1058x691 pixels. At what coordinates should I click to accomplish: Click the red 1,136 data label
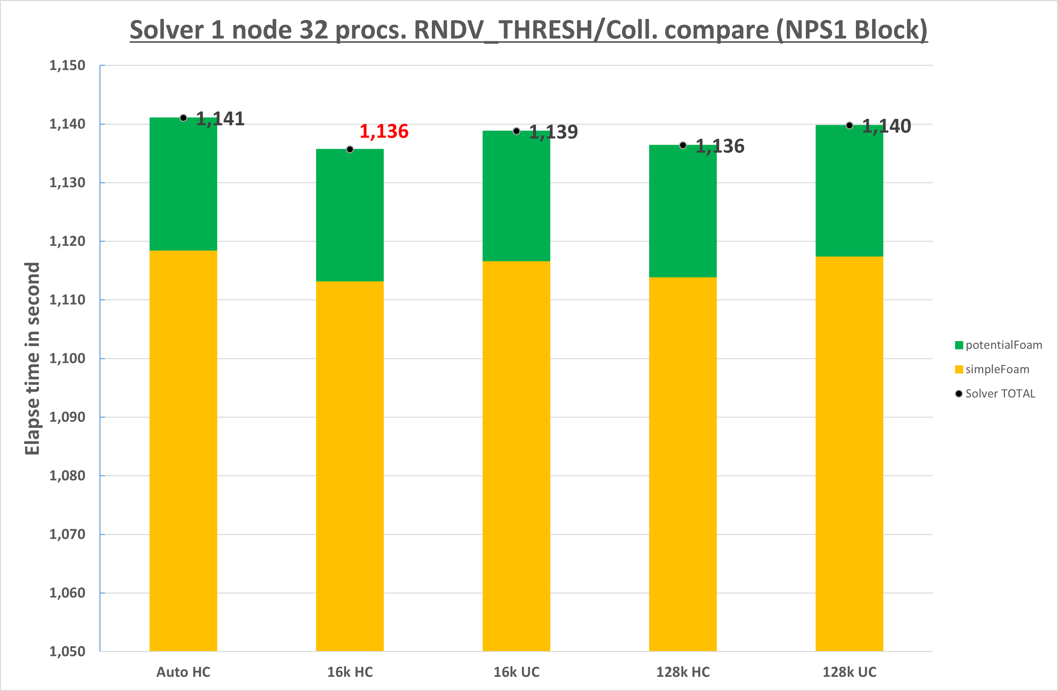pos(384,131)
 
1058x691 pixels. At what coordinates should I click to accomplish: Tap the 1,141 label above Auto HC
pos(220,119)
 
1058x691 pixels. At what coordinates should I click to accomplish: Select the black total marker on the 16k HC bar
pos(350,149)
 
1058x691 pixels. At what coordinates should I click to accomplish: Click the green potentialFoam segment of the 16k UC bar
pos(516,195)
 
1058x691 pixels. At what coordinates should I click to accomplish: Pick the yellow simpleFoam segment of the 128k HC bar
pos(682,462)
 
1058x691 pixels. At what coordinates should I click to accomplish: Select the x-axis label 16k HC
pos(350,672)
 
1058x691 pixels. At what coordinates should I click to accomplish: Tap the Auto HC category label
pos(183,672)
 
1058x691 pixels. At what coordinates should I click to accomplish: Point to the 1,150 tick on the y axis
pos(67,65)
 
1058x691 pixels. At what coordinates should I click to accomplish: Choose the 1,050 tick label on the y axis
pos(67,651)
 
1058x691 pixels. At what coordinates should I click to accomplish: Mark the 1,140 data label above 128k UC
pos(886,126)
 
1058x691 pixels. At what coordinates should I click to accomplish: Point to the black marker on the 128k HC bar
pos(683,145)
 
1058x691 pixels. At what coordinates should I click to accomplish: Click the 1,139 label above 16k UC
pos(553,132)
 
